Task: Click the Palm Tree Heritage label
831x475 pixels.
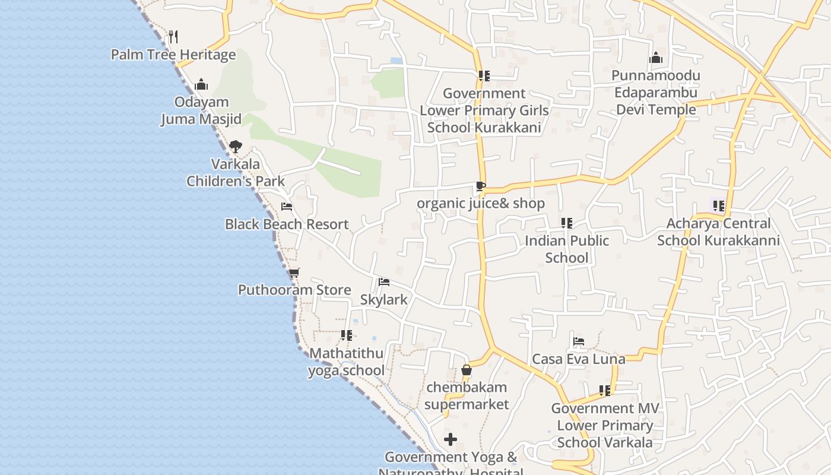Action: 173,55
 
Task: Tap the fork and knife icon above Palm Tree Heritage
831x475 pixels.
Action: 173,36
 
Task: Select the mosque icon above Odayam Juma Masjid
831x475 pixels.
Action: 201,84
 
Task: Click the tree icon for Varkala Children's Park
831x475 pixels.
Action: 236,146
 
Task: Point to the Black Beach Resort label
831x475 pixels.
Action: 287,224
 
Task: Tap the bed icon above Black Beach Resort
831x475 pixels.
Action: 287,207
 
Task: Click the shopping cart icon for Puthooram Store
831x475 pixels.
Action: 294,273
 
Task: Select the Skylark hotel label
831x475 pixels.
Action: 384,300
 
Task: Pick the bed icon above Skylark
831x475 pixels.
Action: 384,281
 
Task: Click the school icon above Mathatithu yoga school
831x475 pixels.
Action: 347,335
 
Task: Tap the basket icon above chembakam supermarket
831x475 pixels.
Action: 467,370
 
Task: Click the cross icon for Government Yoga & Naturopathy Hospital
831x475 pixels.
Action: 451,439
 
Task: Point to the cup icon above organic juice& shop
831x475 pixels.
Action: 480,186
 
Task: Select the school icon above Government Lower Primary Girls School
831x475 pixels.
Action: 484,76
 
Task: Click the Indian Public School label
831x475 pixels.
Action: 567,249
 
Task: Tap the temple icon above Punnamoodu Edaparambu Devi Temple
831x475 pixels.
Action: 656,58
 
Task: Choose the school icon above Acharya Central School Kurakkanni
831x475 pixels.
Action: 719,206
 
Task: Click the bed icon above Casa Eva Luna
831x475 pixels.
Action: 579,341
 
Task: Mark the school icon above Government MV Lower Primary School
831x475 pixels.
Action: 605,391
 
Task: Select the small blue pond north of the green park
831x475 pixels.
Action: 397,61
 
